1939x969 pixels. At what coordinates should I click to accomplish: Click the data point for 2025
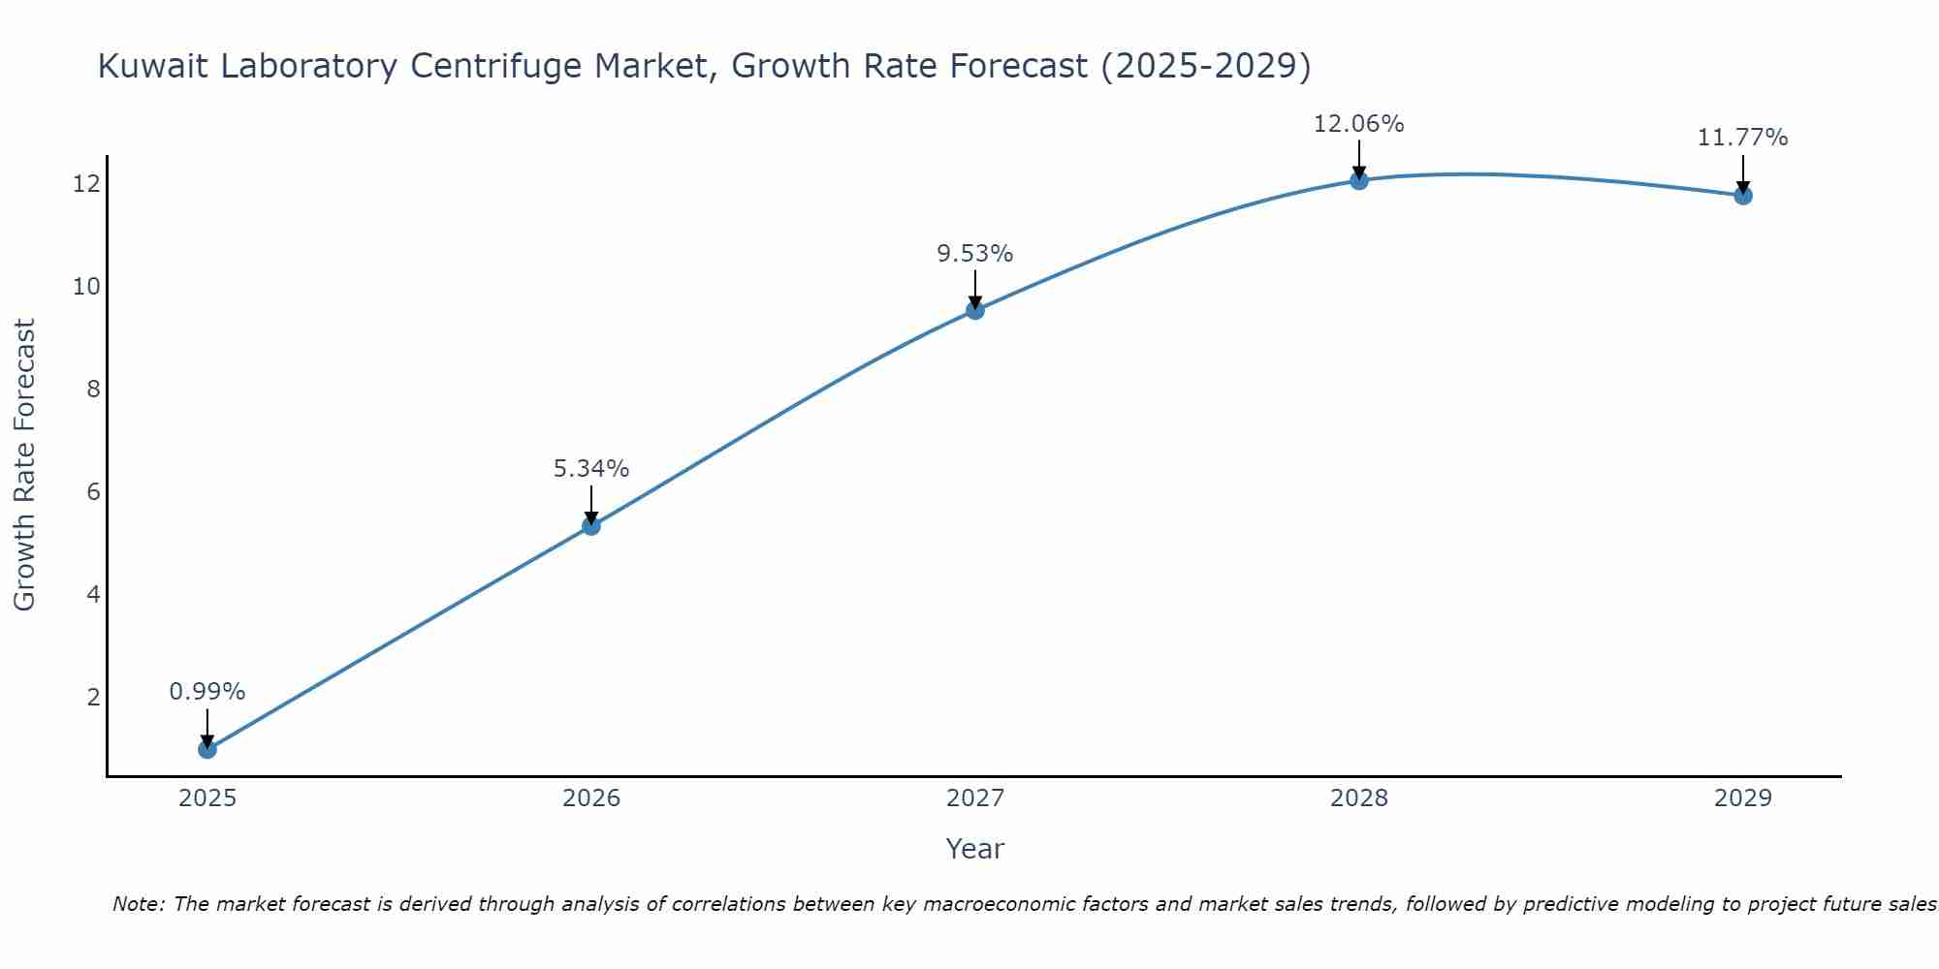click(207, 749)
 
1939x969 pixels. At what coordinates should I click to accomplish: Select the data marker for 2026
click(591, 526)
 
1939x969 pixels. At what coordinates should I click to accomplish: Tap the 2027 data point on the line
click(975, 310)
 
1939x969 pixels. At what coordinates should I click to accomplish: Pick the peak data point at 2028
click(1359, 180)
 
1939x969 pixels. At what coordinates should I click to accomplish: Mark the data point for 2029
click(1743, 196)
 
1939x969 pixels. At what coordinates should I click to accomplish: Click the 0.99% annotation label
click(207, 692)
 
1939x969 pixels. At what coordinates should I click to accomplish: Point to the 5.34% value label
click(591, 469)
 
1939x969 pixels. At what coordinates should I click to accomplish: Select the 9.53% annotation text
click(975, 254)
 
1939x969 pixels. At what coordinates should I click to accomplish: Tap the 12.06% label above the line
click(1359, 124)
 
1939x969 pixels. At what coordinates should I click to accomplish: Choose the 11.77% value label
click(1743, 138)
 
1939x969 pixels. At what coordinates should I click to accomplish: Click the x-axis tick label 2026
click(591, 798)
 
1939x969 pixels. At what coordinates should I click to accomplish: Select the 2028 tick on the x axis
click(1359, 798)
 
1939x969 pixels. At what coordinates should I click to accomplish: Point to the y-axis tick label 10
click(87, 287)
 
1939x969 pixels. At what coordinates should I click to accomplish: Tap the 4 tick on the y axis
click(94, 594)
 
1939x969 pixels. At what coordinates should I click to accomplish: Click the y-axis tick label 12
click(87, 184)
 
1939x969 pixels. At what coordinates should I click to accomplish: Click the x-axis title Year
click(975, 849)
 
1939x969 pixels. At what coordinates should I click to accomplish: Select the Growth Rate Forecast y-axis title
click(24, 465)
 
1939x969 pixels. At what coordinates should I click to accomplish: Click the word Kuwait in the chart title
click(152, 66)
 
